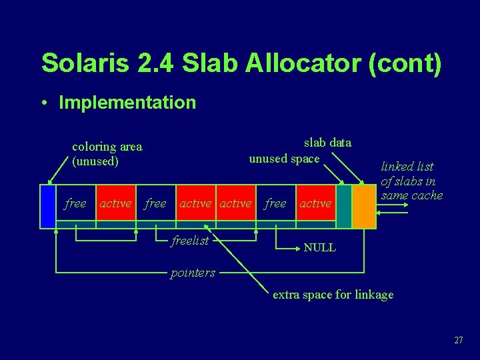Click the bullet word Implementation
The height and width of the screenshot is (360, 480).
127,103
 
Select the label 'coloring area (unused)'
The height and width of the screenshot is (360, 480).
107,153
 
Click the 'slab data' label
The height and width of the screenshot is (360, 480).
327,142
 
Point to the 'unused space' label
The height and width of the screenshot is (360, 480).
285,158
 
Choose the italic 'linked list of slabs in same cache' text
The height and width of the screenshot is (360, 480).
411,181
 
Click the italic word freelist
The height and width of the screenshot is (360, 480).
190,241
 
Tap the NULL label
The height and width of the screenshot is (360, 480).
319,247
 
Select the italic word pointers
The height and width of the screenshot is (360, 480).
193,273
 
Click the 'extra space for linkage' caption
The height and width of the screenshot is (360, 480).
333,294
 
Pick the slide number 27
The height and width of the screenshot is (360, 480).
458,340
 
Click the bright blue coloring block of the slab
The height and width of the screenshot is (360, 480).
47,206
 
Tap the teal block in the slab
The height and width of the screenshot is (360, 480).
343,206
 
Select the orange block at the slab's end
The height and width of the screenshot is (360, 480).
364,206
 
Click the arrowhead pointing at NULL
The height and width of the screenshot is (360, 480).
297,247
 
